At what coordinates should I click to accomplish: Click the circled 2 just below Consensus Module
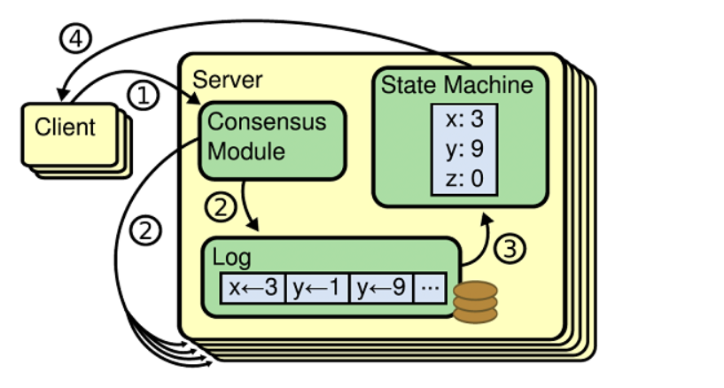click(222, 207)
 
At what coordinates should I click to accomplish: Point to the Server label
click(228, 80)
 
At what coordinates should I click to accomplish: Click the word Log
click(232, 259)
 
